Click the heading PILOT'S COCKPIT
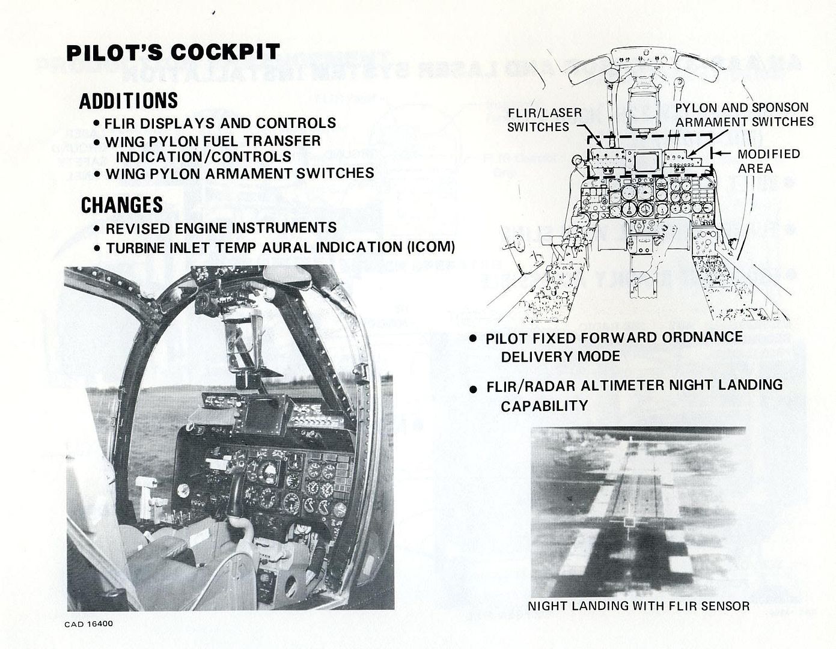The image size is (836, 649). (172, 52)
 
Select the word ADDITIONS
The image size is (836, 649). (129, 100)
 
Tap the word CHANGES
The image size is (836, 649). (121, 205)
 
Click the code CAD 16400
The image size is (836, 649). (88, 624)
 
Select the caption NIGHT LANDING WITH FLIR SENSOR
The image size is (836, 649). (638, 606)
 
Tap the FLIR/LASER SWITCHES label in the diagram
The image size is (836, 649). (537, 120)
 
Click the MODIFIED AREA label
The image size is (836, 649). (768, 161)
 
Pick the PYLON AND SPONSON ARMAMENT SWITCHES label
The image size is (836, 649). (744, 114)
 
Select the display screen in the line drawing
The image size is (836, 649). (647, 162)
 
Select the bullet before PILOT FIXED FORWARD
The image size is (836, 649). (474, 339)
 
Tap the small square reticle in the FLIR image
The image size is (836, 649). (629, 522)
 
